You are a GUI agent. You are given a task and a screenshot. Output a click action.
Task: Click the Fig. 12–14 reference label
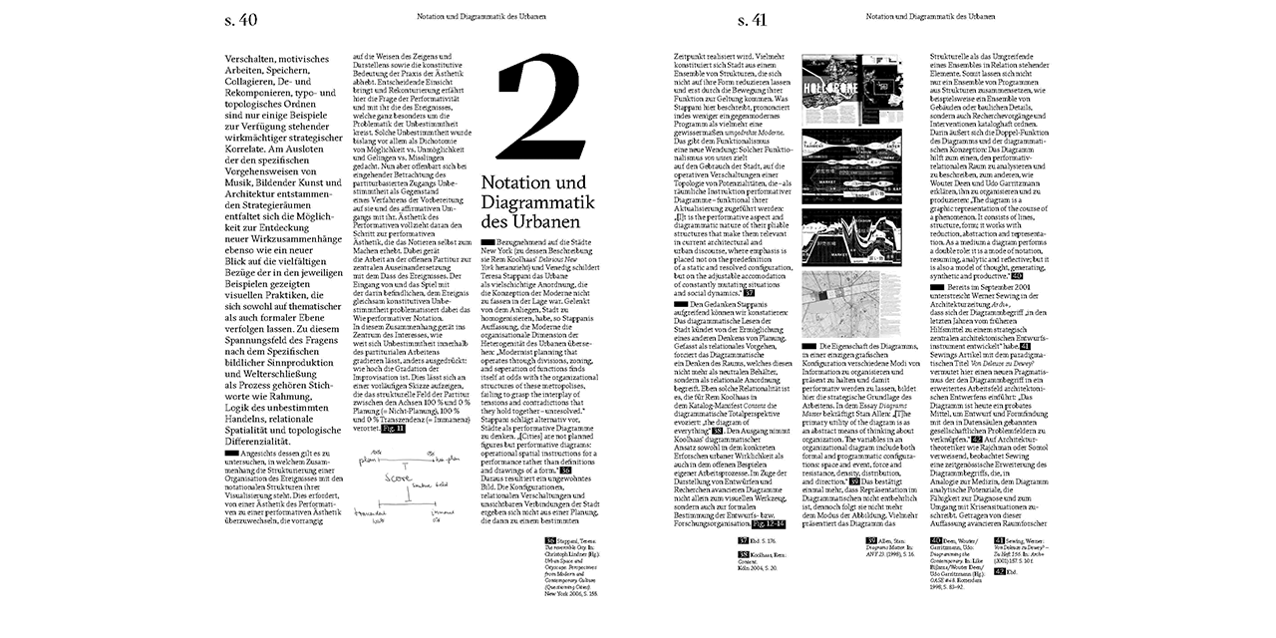(768, 523)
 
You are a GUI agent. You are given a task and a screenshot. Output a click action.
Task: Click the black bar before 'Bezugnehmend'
(487, 242)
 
